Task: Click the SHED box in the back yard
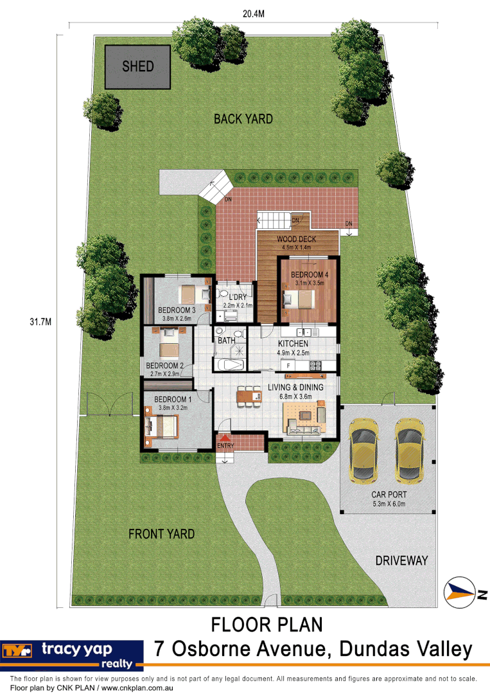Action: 138,67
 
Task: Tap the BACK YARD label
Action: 243,119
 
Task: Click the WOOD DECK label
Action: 294,239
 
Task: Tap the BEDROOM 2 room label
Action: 165,366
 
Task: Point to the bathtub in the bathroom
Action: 229,365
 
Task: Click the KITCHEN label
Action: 293,344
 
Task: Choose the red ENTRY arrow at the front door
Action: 225,438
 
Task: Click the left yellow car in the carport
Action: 363,450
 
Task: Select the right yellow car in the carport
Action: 409,450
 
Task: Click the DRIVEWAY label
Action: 401,560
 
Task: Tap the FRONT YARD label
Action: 161,534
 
